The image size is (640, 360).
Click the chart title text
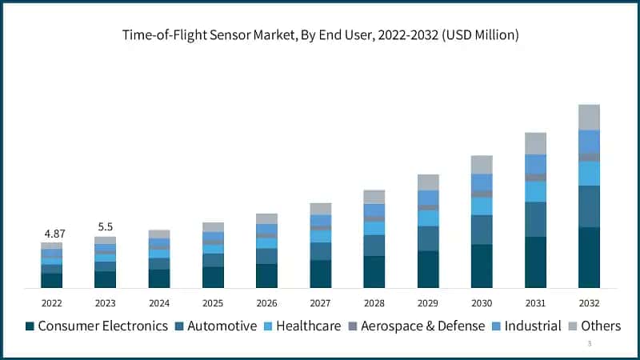coord(320,34)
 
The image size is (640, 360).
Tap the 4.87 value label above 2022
coord(54,234)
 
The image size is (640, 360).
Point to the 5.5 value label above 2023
coord(105,227)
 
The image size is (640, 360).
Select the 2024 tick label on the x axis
coord(159,303)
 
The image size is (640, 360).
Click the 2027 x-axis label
coord(320,303)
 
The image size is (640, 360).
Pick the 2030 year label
coord(482,303)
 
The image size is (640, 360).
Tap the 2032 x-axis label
coord(589,303)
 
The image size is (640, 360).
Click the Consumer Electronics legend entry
coord(97,326)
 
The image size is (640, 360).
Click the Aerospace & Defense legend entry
coord(416,326)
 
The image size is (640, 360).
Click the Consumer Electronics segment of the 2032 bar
coord(589,258)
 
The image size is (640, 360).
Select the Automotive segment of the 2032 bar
coord(589,206)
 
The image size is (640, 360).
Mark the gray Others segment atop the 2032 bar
coord(589,117)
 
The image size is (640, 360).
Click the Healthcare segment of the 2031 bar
coord(535,191)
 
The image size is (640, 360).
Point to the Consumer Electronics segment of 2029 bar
coord(428,269)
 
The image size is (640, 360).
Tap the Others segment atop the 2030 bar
coord(482,165)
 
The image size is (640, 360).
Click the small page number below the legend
coord(590,344)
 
